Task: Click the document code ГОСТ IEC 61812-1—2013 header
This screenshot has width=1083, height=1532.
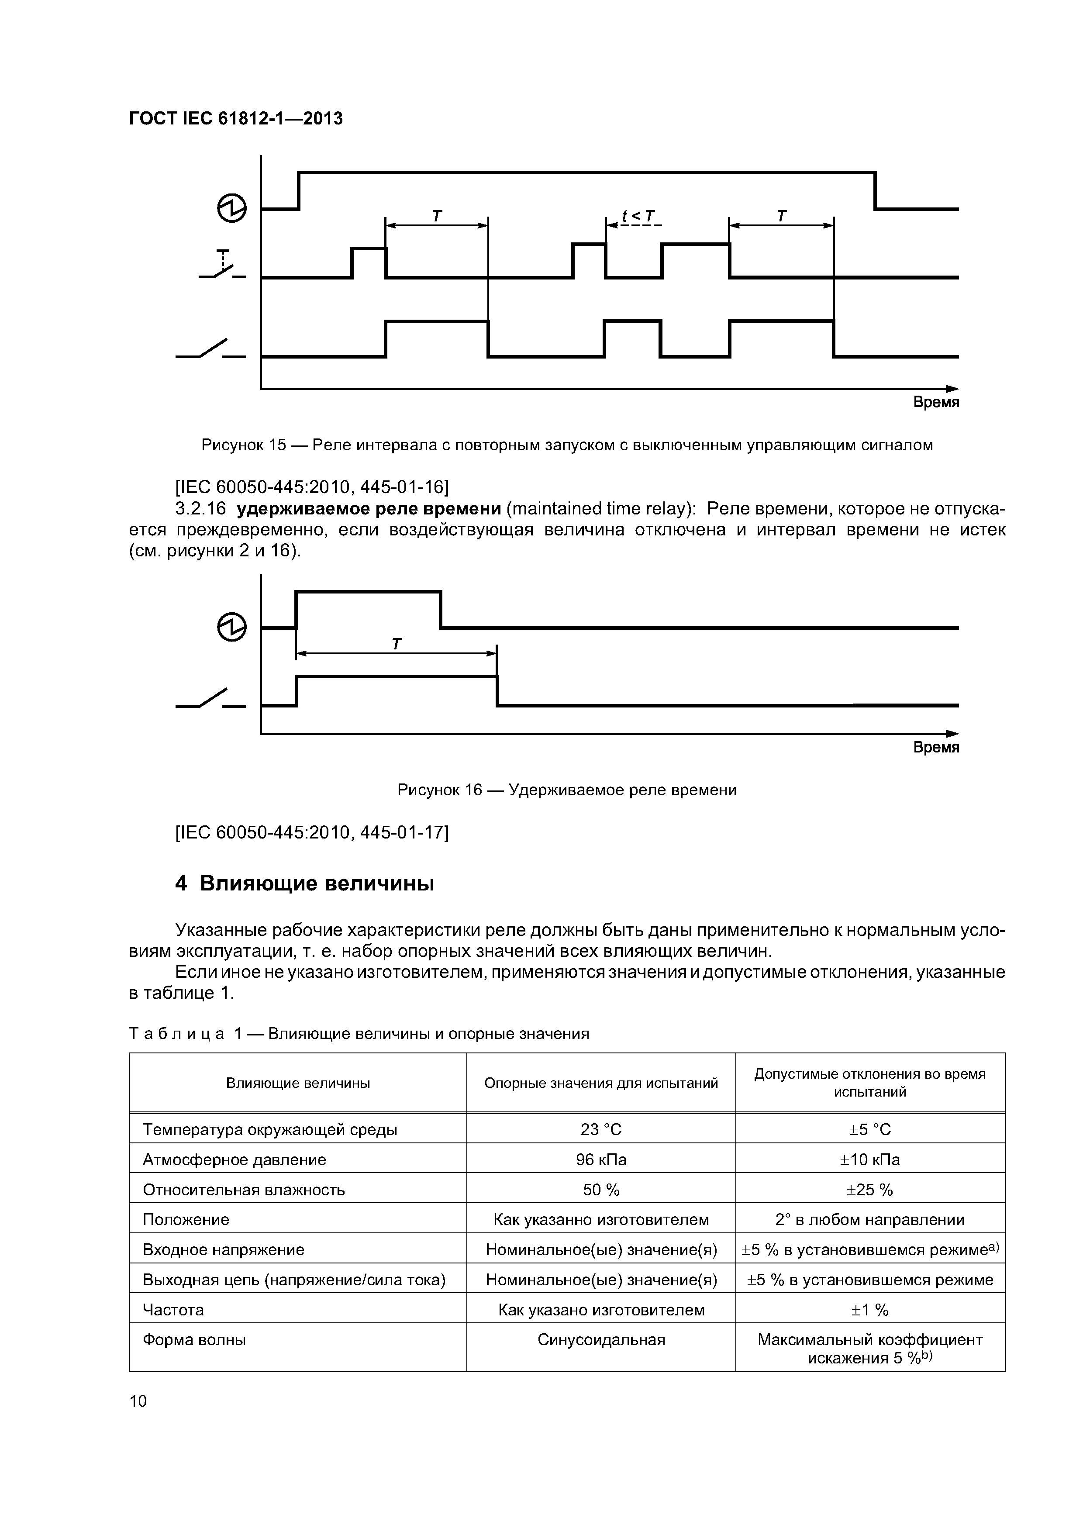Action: coord(235,119)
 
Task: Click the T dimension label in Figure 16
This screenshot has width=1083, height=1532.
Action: coord(397,644)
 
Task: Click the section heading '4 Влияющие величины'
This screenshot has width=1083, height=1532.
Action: coord(304,883)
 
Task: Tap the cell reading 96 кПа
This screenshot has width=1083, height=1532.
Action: coord(600,1159)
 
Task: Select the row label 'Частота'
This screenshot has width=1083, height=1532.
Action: coord(173,1310)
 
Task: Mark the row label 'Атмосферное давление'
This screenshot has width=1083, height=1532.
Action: coord(234,1159)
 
